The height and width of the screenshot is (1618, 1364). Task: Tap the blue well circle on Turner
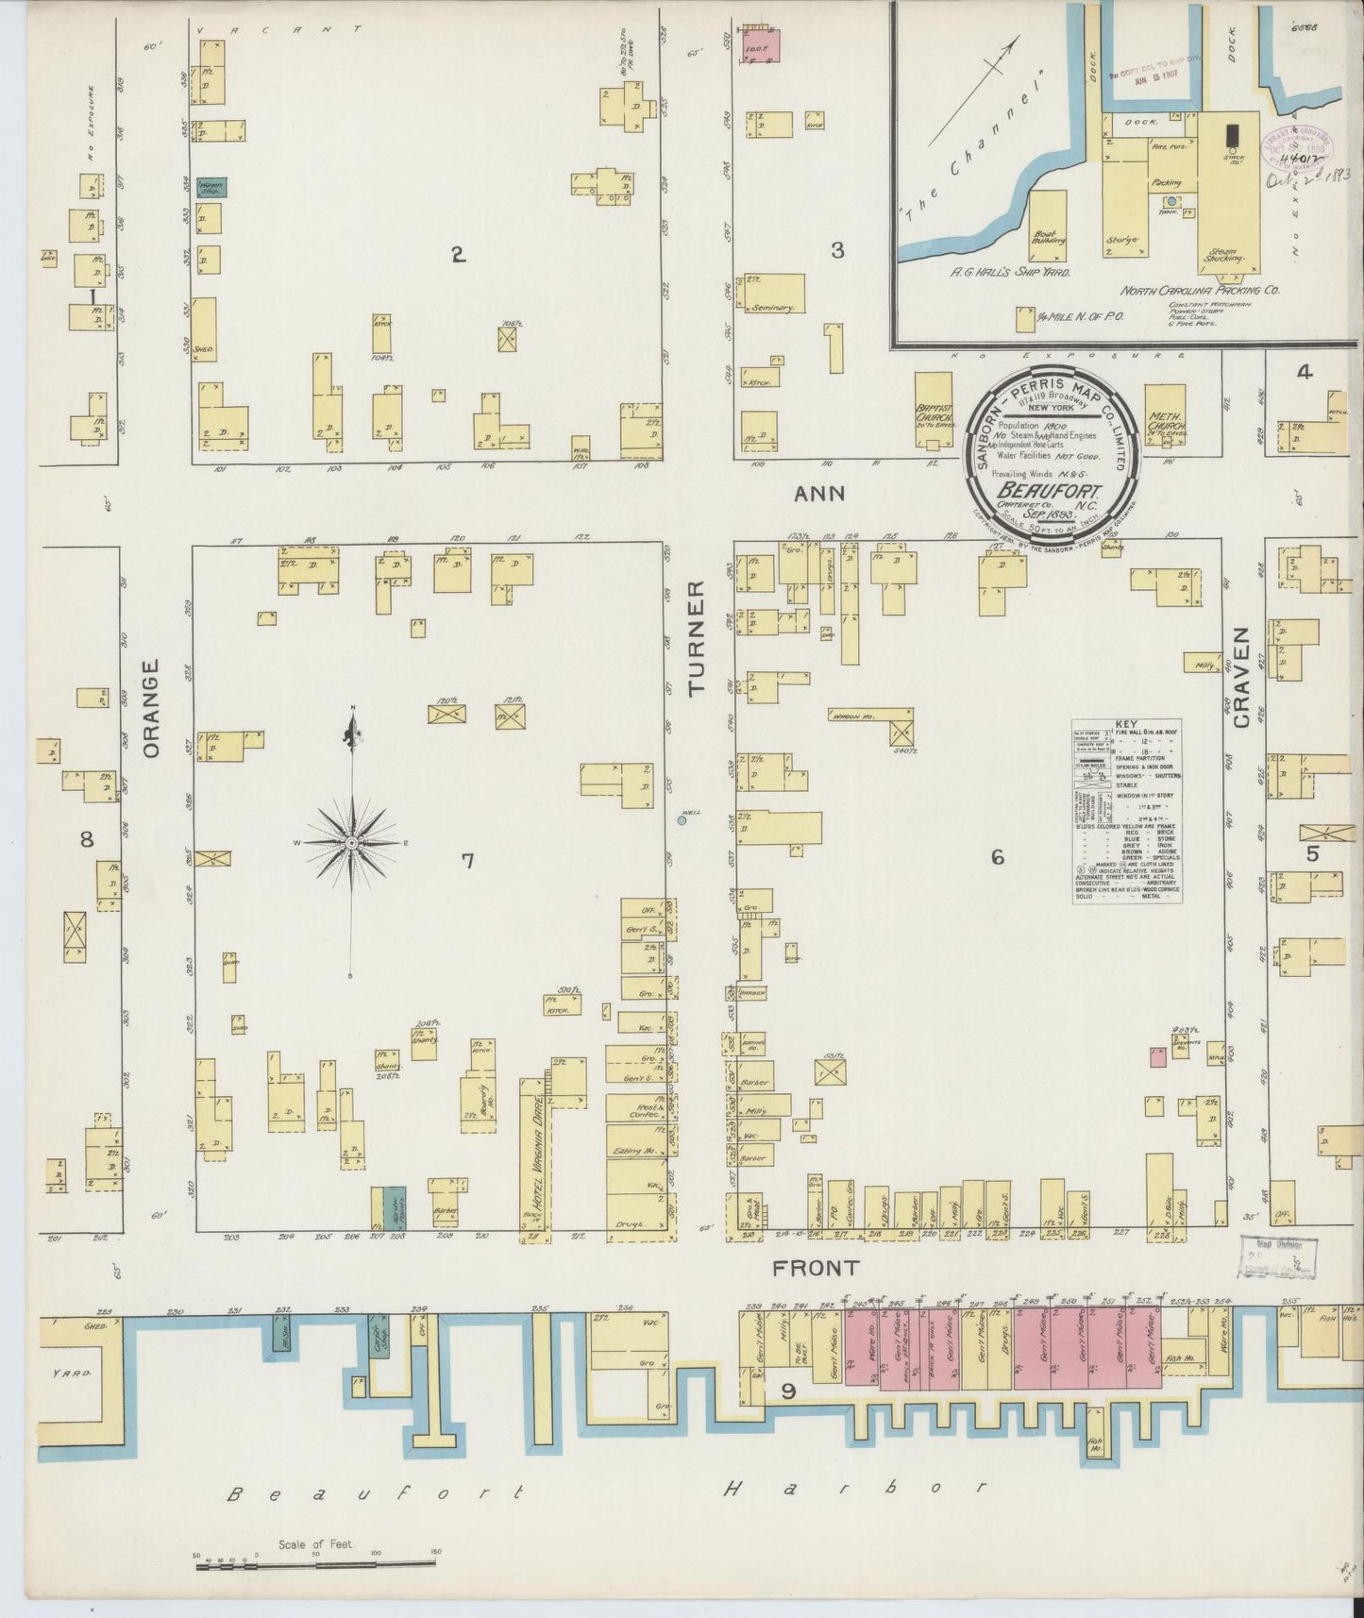(682, 820)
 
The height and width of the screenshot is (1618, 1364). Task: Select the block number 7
(466, 859)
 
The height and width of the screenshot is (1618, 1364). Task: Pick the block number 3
(836, 250)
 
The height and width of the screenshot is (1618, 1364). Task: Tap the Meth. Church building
(1165, 416)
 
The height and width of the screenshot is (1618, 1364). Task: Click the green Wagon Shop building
(210, 188)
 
